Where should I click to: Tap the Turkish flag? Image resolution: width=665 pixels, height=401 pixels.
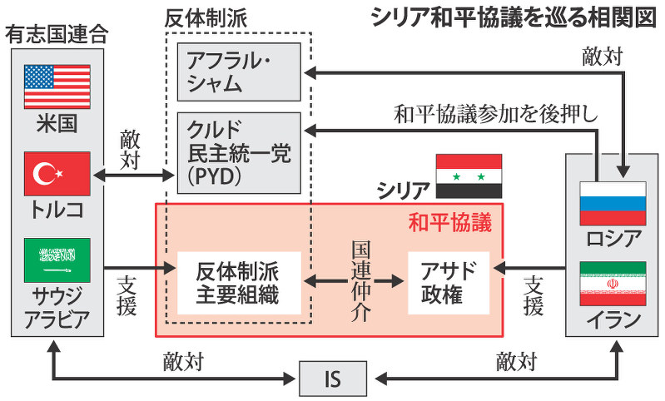point(57,173)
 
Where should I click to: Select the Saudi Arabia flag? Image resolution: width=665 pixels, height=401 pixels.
point(57,260)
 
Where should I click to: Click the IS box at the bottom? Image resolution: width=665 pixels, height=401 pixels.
point(332,380)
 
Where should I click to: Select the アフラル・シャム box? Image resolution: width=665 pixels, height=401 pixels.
point(238,72)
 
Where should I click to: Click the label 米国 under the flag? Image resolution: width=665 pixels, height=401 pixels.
point(57,123)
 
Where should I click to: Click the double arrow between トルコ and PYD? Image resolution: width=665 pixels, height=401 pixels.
point(133,176)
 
